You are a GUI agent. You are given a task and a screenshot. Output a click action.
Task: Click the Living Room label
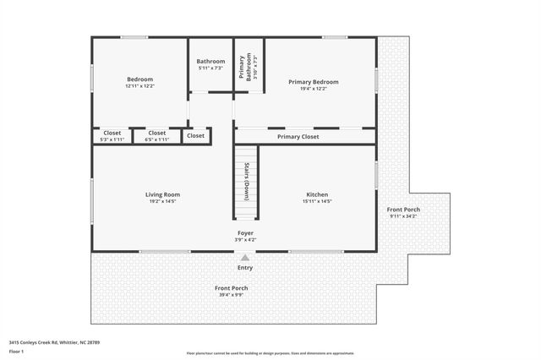pyautogui.click(x=162, y=194)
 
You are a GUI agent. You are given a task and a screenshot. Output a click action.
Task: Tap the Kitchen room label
pyautogui.click(x=317, y=194)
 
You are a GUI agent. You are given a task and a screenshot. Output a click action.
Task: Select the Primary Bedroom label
pyautogui.click(x=313, y=82)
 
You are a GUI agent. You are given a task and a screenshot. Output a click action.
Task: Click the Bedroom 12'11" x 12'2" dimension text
pyautogui.click(x=139, y=86)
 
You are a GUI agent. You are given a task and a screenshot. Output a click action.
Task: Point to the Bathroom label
pyautogui.click(x=210, y=61)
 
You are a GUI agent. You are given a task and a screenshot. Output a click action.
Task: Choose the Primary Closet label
pyautogui.click(x=298, y=136)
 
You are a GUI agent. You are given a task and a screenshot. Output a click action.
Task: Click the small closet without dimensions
pyautogui.click(x=195, y=135)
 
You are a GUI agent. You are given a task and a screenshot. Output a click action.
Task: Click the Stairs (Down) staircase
pyautogui.click(x=245, y=181)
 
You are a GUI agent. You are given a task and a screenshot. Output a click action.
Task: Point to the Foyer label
pyautogui.click(x=245, y=232)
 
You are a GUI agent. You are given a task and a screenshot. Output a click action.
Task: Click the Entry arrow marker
pyautogui.click(x=245, y=258)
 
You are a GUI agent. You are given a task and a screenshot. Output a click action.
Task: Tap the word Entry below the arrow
pyautogui.click(x=245, y=268)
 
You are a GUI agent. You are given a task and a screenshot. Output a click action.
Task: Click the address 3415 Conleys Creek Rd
pyautogui.click(x=54, y=342)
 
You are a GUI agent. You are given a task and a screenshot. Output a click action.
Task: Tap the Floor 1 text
pyautogui.click(x=17, y=351)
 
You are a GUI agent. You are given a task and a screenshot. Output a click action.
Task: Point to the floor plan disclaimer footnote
pyautogui.click(x=270, y=353)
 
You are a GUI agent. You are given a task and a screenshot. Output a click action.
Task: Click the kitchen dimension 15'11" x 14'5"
pyautogui.click(x=317, y=201)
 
